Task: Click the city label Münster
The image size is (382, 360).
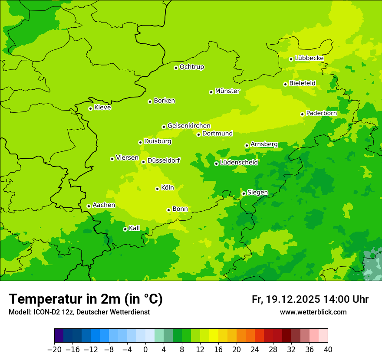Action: tap(227, 91)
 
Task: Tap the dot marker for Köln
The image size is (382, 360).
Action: tap(157, 189)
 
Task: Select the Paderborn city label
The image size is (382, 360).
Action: tap(321, 113)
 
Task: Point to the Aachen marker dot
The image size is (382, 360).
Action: tap(89, 206)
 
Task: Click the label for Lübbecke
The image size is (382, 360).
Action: tap(309, 58)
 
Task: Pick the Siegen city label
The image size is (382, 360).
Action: tap(257, 193)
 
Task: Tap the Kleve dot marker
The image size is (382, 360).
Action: tap(90, 108)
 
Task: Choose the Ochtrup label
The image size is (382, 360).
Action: tap(192, 67)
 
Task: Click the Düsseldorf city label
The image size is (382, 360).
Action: tap(164, 160)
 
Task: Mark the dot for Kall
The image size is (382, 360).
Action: tap(125, 229)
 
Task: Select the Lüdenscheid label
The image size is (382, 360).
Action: tap(239, 163)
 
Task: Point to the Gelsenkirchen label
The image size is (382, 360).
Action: tap(189, 126)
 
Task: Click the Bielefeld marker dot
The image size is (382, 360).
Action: tap(285, 84)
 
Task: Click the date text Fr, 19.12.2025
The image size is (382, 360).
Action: tap(286, 299)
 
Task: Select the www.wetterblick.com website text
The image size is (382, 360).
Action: tap(313, 312)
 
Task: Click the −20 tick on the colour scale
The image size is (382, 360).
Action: tap(54, 350)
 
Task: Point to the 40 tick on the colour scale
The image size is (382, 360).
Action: tap(328, 350)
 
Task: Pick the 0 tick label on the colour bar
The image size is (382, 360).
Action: tap(145, 350)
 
